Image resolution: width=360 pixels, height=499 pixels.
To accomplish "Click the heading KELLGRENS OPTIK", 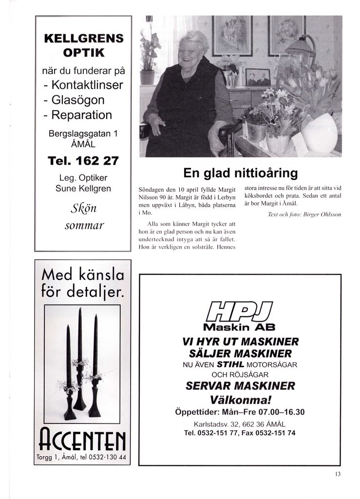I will click(x=83, y=45).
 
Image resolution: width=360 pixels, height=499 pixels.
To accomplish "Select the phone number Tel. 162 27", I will click(x=83, y=160).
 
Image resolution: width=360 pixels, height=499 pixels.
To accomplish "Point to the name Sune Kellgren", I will click(x=83, y=189).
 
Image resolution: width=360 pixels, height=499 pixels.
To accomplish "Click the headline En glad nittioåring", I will click(x=240, y=173).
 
